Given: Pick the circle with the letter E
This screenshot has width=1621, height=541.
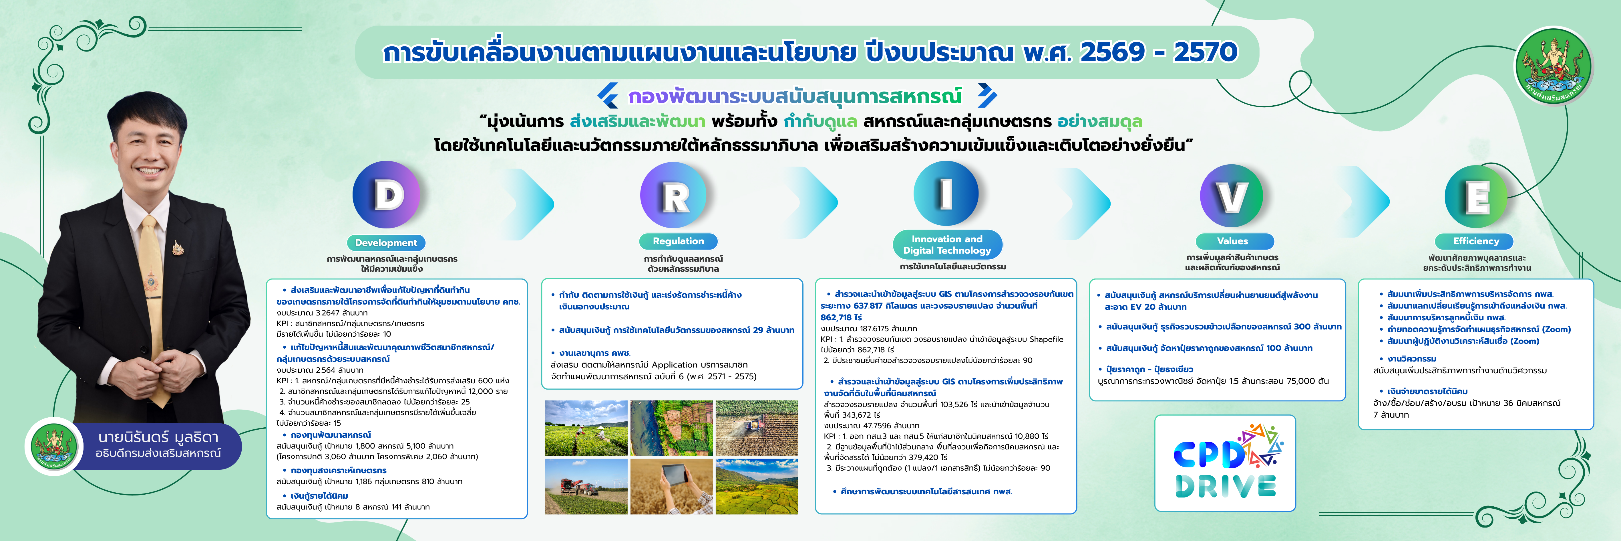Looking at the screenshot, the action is click(1476, 197).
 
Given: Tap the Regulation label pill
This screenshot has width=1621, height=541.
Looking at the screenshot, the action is click(678, 241).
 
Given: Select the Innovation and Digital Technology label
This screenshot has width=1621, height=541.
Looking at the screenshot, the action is click(947, 244).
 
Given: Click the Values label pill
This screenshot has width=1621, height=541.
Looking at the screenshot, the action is click(1232, 241).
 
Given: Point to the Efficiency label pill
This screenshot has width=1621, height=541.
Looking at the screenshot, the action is click(1476, 241).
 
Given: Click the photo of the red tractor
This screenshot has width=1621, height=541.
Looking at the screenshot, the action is click(586, 486).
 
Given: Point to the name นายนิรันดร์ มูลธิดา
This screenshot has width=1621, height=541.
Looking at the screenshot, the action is click(158, 437).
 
